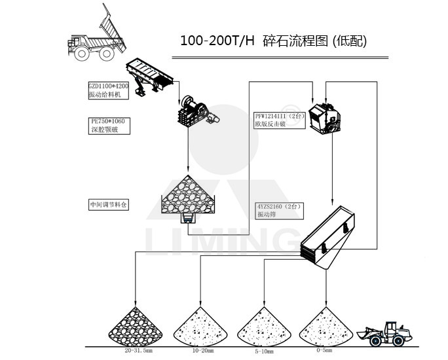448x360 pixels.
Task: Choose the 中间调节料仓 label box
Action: [109, 204]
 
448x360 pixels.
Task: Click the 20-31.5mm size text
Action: [138, 351]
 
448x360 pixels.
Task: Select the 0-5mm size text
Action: [324, 351]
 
